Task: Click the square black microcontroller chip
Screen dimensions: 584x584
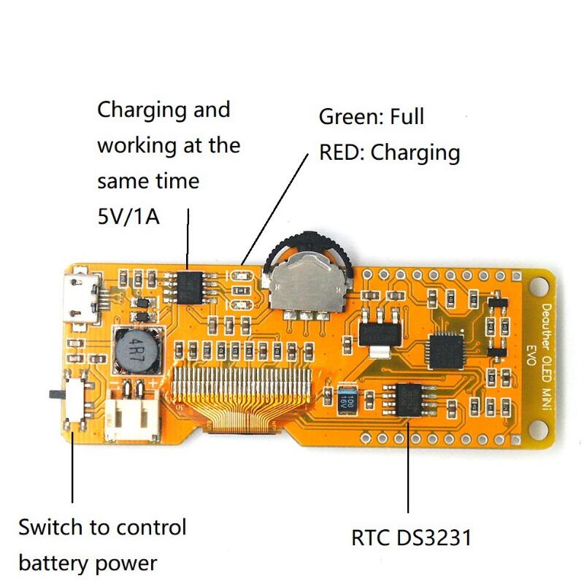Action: pos(448,350)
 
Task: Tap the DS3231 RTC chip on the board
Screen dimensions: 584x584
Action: pos(412,401)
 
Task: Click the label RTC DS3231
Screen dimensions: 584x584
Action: pos(412,538)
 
